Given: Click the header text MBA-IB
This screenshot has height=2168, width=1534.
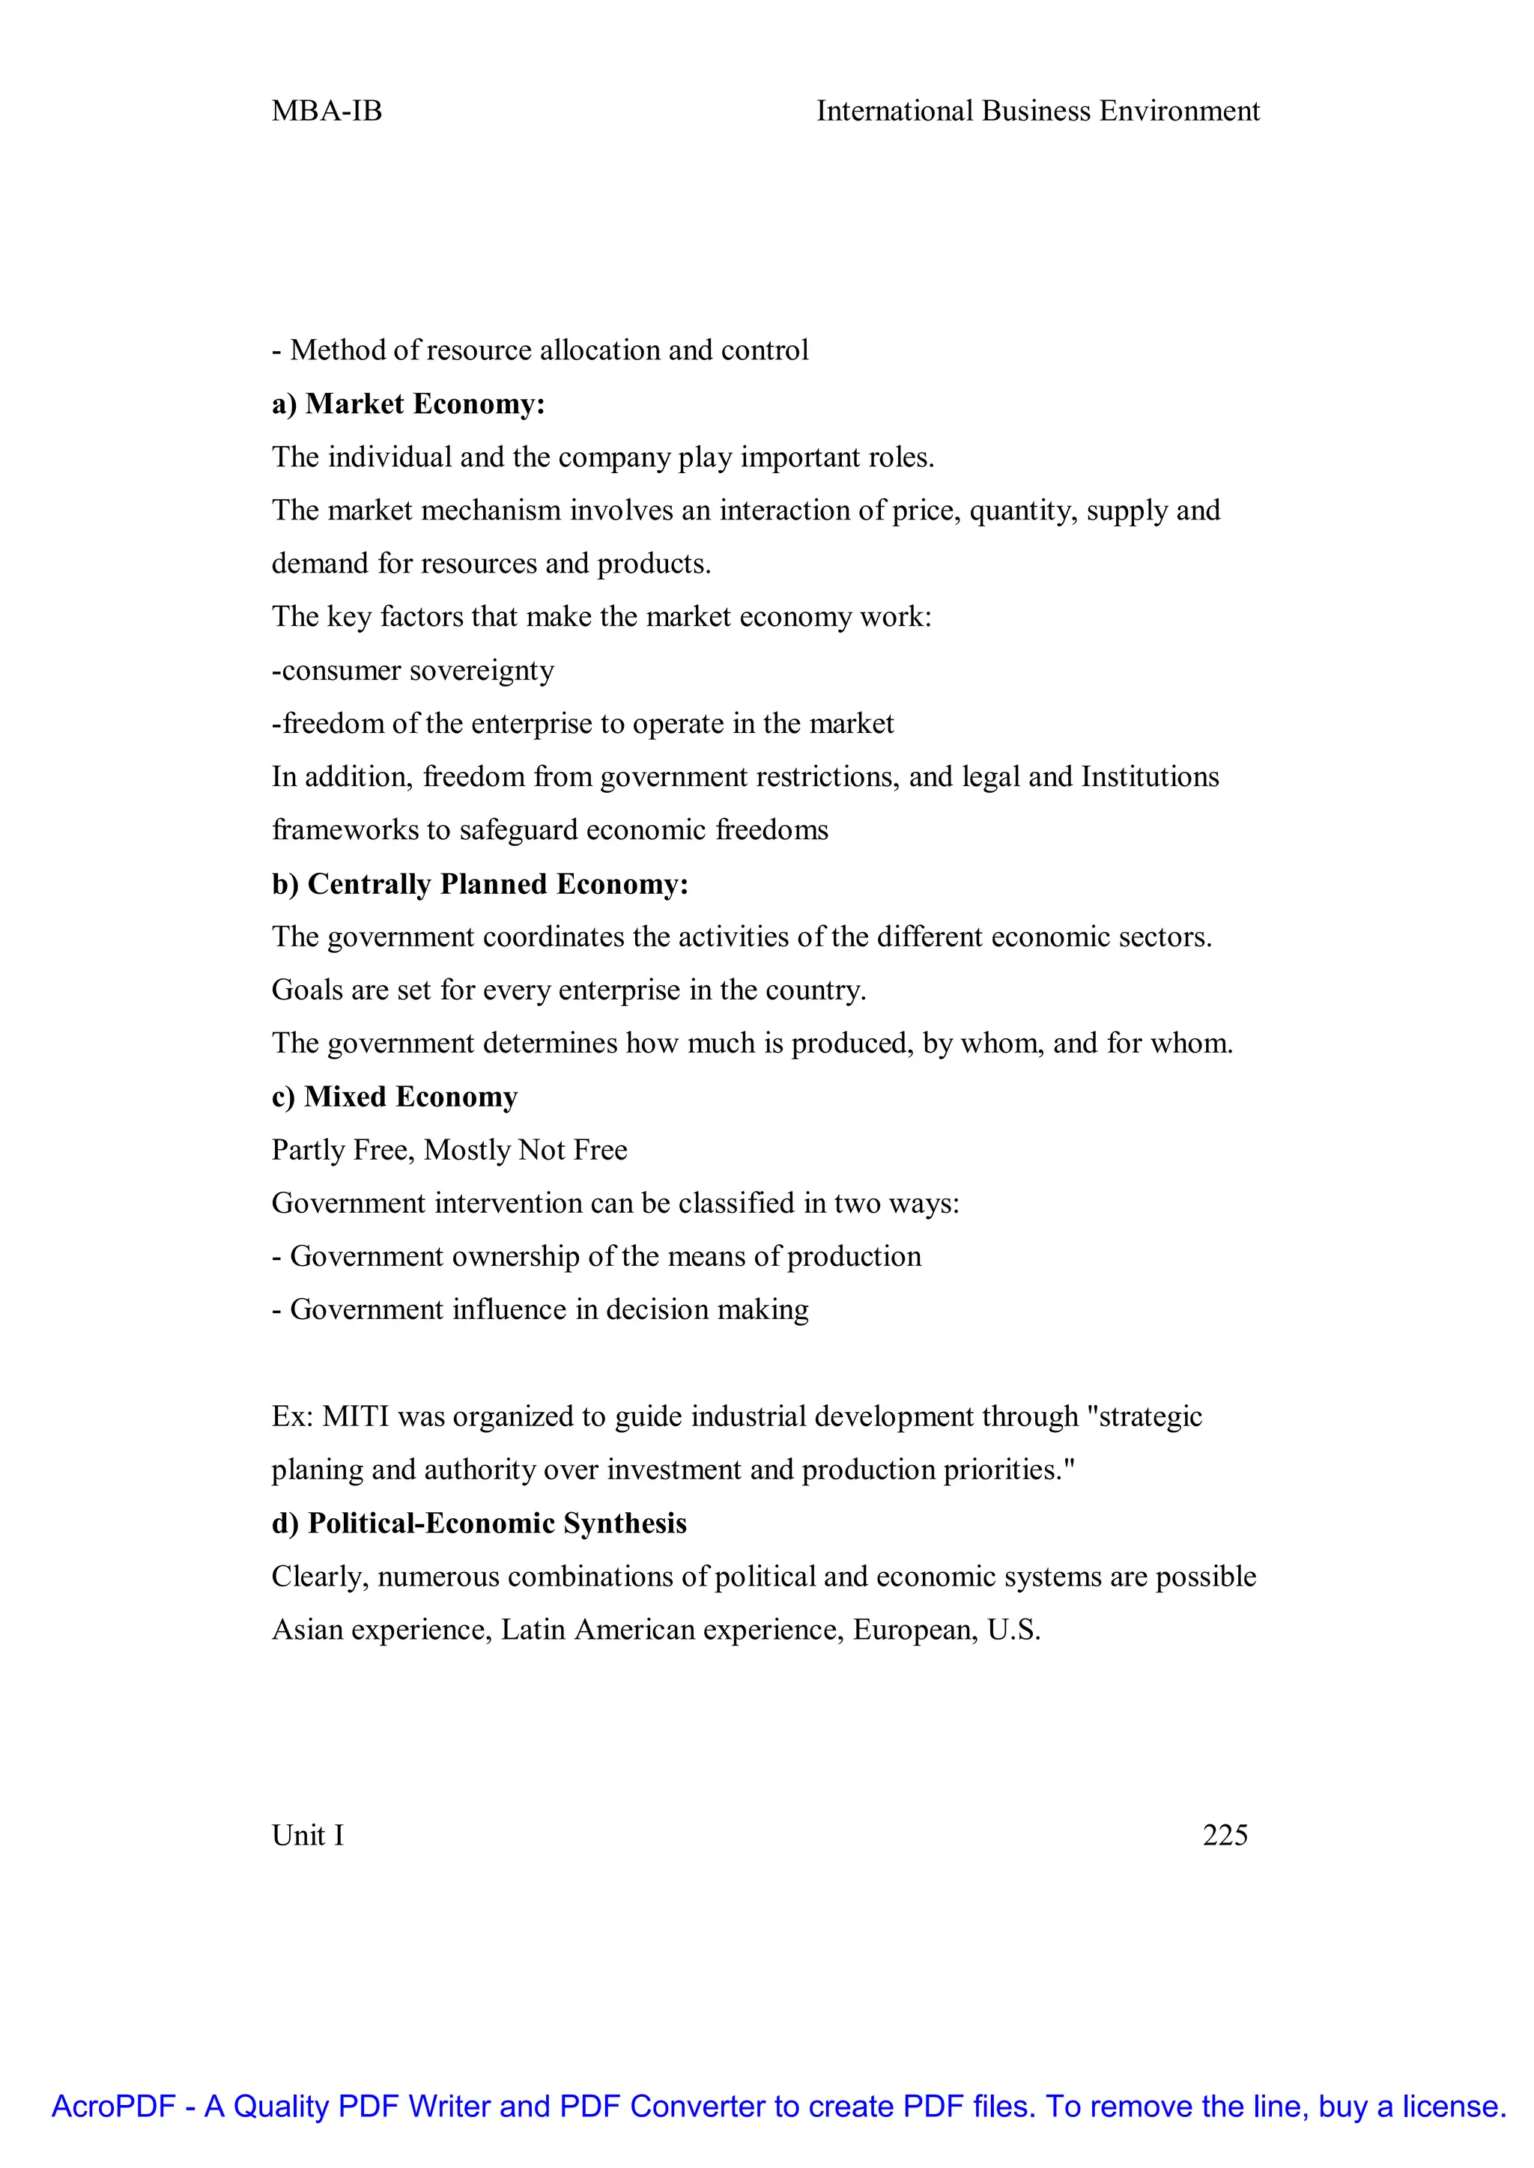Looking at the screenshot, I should (327, 112).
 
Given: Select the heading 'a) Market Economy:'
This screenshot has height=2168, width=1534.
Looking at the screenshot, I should (408, 404).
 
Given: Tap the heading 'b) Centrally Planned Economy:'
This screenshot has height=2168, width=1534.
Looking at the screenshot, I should (480, 884).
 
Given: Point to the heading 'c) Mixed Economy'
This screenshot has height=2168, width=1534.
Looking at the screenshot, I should (394, 1097).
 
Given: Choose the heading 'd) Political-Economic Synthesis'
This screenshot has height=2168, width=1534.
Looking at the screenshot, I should (479, 1524).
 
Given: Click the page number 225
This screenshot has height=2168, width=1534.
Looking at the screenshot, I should (1225, 1836).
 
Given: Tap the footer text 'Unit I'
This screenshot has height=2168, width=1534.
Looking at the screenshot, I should (308, 1836).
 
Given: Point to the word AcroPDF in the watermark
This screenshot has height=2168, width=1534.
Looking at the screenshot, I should (113, 2107).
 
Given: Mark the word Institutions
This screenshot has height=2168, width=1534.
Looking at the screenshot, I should (1150, 777).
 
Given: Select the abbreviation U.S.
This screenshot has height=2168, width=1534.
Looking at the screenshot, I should (1013, 1630).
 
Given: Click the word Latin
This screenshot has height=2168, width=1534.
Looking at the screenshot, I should (534, 1630).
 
